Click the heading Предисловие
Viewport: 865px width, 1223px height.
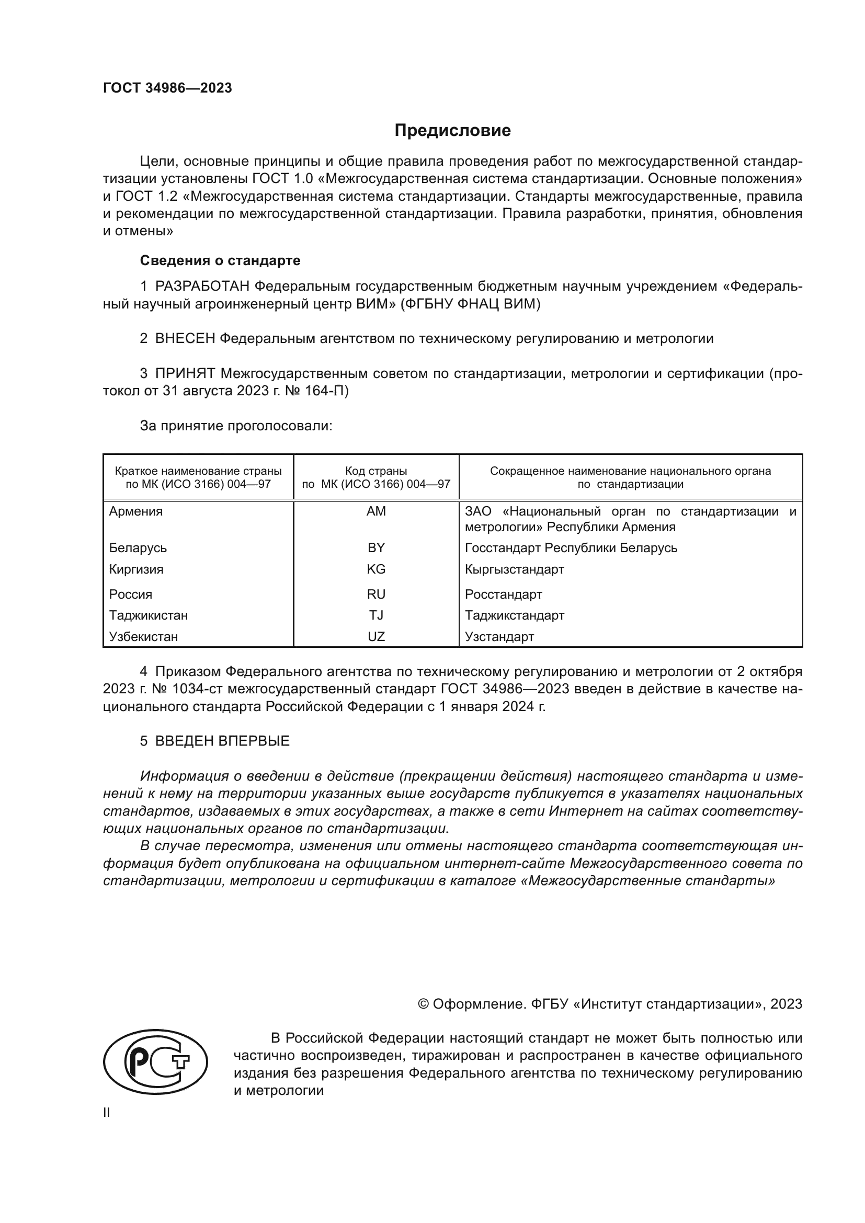[x=452, y=131]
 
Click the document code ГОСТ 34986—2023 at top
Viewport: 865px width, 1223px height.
[x=167, y=88]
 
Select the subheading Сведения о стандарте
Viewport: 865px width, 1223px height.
[x=220, y=260]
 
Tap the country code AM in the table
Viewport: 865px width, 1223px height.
[x=376, y=511]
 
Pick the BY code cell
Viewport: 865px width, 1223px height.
[x=376, y=547]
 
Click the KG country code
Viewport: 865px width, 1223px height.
[x=376, y=569]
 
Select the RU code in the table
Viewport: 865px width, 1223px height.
[x=376, y=594]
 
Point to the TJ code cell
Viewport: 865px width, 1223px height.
[x=376, y=615]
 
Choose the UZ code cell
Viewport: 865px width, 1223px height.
[x=376, y=636]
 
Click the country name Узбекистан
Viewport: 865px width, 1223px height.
[x=143, y=636]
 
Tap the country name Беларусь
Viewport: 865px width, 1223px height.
[x=138, y=547]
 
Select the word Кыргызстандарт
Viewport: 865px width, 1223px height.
[x=514, y=569]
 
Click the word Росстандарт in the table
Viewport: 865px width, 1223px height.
[x=503, y=594]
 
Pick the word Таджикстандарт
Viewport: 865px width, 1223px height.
[x=514, y=615]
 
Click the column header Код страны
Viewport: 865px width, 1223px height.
[x=376, y=471]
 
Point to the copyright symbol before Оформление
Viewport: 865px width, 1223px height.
[x=424, y=1004]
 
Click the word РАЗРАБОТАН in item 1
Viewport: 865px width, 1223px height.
[x=202, y=287]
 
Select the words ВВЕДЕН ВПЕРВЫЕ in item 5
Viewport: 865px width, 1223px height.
[x=222, y=741]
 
